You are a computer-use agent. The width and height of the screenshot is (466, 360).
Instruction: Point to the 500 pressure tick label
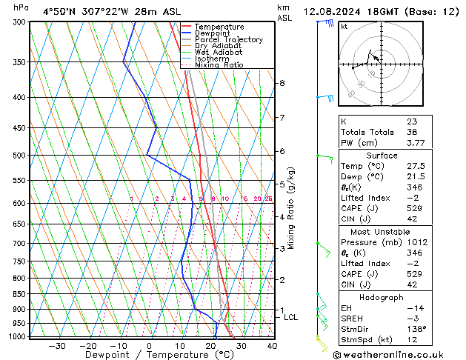coord(19,156)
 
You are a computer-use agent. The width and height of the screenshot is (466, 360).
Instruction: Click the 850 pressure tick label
coord(19,294)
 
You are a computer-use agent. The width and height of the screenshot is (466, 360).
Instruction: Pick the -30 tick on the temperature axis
coord(57,346)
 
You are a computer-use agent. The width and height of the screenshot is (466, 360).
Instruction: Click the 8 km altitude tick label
coord(282,83)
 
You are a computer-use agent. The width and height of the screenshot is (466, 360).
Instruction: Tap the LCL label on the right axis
coord(291,317)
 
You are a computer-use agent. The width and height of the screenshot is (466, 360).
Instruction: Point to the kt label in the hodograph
coord(344,26)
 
